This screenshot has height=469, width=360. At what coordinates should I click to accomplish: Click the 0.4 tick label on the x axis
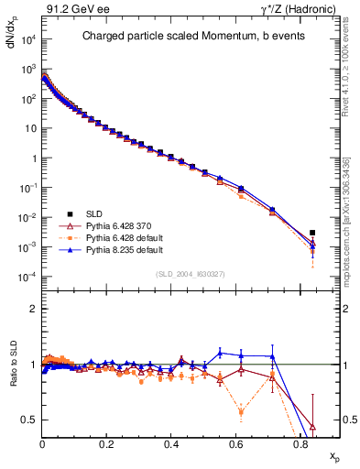(171, 443)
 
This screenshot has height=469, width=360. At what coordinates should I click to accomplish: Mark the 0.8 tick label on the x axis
(300, 443)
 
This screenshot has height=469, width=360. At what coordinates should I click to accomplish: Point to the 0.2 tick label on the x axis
(106, 443)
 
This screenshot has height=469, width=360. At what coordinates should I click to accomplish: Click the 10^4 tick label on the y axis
(27, 40)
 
